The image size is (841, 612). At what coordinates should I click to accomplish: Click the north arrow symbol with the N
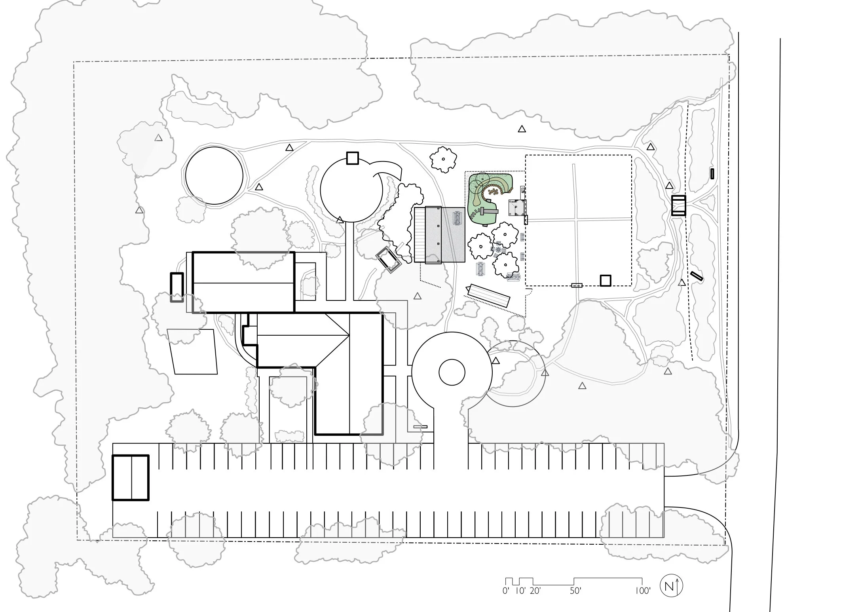pos(671,586)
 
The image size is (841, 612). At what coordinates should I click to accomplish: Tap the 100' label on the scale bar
pos(643,591)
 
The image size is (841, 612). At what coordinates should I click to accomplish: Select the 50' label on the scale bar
pos(575,591)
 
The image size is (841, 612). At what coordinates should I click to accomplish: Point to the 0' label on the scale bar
pos(506,591)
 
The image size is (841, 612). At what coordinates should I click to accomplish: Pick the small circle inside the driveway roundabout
pos(452,372)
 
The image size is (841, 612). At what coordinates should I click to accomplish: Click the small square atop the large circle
pos(352,158)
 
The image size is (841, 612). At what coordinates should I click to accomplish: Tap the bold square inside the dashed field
pos(605,280)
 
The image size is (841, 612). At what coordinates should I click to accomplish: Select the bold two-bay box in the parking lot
pos(131,478)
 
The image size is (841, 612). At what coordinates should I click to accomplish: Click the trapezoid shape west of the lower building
pos(193,352)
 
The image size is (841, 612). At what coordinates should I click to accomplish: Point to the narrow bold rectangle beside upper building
pos(177,287)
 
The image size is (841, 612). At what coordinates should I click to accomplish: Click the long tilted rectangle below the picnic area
pos(489,295)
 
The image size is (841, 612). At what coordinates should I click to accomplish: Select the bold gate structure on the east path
pos(678,205)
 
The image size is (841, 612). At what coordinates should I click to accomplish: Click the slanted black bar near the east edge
pos(697,276)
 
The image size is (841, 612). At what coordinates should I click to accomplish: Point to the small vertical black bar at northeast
pos(712,173)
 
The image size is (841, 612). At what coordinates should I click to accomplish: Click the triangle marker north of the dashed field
pos(522,129)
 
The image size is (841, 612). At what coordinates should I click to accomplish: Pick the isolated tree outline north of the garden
pos(443,159)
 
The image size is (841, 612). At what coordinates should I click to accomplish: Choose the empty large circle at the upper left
pos(214,176)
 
